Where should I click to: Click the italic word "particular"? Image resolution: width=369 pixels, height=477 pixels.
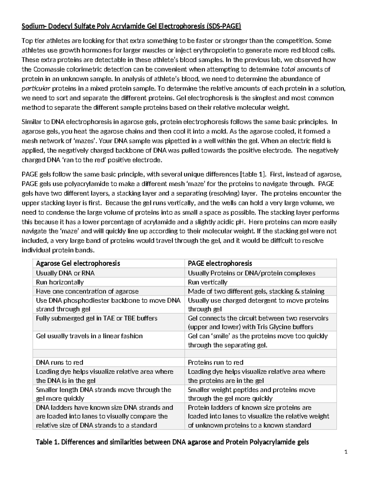[x=36, y=88]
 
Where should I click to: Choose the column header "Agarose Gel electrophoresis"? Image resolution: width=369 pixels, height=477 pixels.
[x=78, y=263]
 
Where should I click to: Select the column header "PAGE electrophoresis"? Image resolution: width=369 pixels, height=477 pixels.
[x=220, y=263]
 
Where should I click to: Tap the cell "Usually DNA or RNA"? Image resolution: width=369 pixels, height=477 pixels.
[x=65, y=273]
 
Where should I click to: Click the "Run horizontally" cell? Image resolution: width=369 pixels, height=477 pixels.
[x=60, y=282]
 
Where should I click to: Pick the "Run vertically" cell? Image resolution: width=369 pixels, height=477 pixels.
[x=208, y=282]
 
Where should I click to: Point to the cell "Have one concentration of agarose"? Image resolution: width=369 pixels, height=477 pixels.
[x=87, y=291]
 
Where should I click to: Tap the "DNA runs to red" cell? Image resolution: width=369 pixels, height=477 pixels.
[x=60, y=362]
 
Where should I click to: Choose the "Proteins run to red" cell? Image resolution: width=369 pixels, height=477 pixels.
[x=216, y=362]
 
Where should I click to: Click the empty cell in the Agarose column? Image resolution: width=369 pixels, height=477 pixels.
[x=108, y=354]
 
